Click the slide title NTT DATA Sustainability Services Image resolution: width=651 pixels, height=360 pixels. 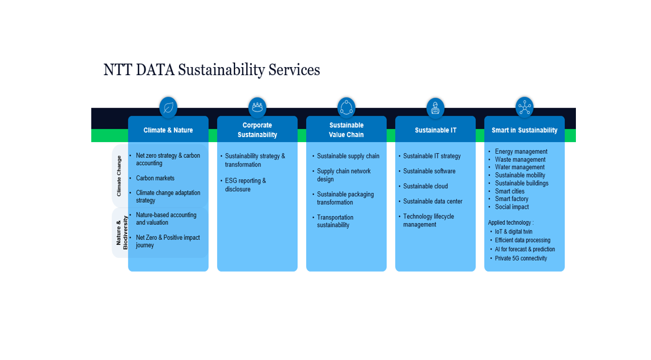(x=211, y=70)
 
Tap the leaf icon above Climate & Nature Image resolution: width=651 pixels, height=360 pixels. (x=168, y=107)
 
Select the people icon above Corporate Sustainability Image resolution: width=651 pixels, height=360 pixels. (x=257, y=107)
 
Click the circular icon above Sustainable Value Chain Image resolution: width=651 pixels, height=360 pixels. (x=346, y=107)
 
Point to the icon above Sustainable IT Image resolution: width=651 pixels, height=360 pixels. (x=435, y=107)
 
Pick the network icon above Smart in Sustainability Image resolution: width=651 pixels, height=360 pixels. (x=524, y=107)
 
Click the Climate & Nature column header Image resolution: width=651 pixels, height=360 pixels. (x=168, y=130)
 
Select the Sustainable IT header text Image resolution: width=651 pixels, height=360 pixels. (x=436, y=130)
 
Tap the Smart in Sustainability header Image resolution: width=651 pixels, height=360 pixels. (x=524, y=130)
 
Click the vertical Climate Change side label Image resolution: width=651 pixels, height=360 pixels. (x=119, y=176)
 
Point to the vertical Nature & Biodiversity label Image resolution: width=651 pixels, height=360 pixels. (x=121, y=233)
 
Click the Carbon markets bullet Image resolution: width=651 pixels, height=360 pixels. (x=155, y=178)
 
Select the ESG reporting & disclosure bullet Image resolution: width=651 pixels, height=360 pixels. (x=245, y=185)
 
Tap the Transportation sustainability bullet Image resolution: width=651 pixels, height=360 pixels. (x=335, y=221)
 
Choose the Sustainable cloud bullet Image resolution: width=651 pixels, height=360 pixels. (x=425, y=186)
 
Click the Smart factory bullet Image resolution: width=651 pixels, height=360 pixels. (x=511, y=199)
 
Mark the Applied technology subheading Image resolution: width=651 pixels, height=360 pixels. (x=511, y=222)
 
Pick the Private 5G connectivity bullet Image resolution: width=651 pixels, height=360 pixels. (x=520, y=258)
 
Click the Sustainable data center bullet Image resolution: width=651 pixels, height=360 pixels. (x=433, y=201)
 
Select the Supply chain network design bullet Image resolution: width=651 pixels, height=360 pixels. (x=344, y=175)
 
